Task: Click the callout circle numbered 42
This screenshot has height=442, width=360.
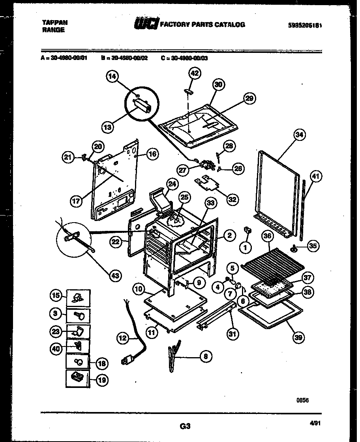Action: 195,73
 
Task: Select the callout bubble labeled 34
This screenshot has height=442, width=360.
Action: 300,135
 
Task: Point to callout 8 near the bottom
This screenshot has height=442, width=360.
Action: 204,356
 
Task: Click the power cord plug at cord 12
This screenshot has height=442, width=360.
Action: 126,361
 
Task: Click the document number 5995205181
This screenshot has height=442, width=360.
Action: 305,25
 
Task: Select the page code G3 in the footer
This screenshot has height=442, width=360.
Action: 185,426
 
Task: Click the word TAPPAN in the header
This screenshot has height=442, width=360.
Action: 54,23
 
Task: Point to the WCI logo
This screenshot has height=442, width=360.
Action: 146,24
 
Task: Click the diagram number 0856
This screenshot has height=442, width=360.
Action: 302,400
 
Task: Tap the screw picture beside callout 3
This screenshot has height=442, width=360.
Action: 78,316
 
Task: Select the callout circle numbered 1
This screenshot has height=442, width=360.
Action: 246,248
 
